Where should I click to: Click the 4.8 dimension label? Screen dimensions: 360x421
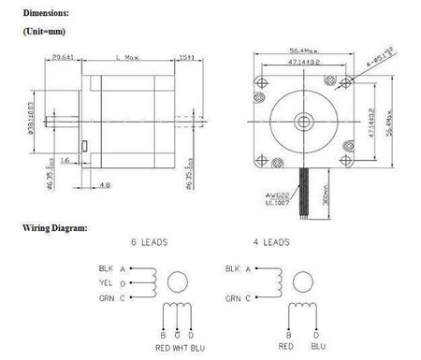click(104, 184)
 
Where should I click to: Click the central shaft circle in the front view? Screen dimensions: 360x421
click(305, 122)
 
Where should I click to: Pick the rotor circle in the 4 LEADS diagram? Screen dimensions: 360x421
click(298, 282)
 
